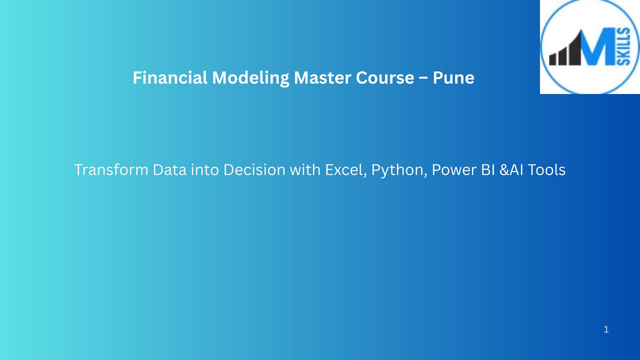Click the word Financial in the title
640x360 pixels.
click(x=170, y=78)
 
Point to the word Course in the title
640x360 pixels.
click(x=385, y=78)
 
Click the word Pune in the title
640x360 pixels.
click(x=453, y=78)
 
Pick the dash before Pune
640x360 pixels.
click(x=423, y=79)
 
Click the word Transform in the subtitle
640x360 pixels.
click(x=111, y=170)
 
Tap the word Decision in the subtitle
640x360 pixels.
click(x=254, y=170)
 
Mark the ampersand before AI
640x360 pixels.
click(x=504, y=170)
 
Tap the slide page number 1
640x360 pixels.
click(x=606, y=330)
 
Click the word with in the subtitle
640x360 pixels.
click(x=305, y=170)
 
